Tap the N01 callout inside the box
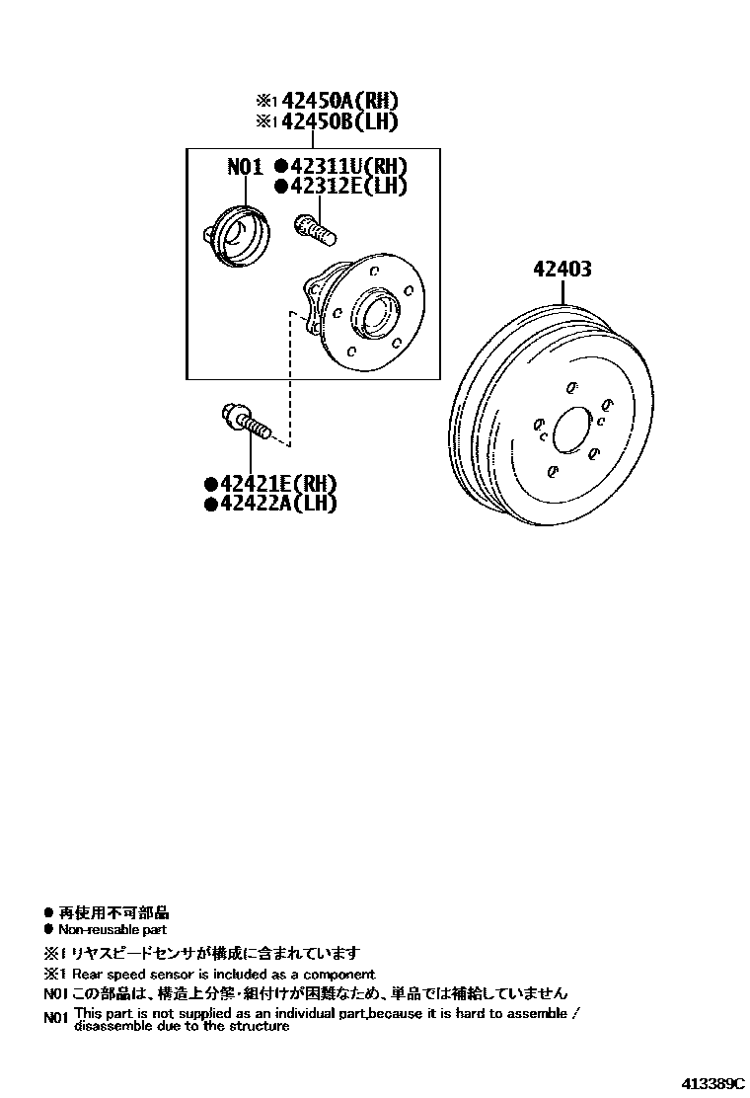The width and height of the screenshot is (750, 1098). click(245, 167)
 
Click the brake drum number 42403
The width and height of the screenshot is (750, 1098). click(562, 269)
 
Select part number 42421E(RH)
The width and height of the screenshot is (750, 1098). click(279, 484)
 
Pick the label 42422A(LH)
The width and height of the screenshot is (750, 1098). click(279, 504)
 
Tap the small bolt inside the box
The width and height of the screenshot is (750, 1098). click(315, 230)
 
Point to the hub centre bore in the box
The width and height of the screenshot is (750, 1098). click(376, 314)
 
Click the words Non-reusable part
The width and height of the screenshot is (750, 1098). click(112, 929)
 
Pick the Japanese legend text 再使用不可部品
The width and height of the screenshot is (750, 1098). click(113, 913)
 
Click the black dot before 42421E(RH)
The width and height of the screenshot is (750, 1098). click(210, 484)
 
